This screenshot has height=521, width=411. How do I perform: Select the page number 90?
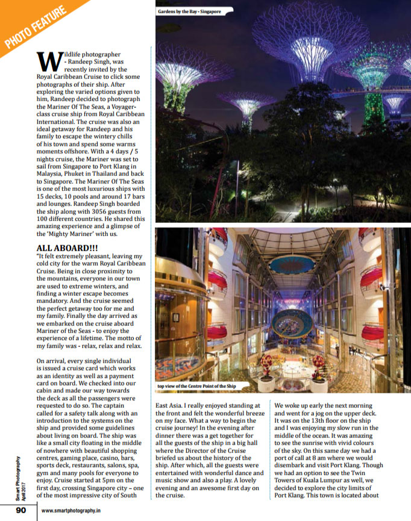(x=20, y=511)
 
